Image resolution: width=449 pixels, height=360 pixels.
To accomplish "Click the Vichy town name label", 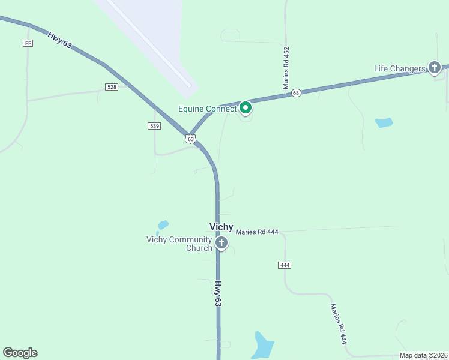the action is click(221, 227).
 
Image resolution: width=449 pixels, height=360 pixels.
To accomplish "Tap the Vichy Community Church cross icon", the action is click(221, 243).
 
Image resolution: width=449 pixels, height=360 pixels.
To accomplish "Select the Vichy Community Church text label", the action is click(179, 244).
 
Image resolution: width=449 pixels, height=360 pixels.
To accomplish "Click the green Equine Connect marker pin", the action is click(245, 108).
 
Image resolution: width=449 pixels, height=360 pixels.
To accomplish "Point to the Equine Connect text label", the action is click(208, 109).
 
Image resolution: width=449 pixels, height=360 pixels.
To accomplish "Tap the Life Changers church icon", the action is click(434, 68).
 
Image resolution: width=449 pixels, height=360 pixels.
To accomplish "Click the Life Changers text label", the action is click(400, 68).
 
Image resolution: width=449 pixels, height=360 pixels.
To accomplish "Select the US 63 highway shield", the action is click(190, 139).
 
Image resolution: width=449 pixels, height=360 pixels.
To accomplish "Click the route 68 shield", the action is click(296, 93).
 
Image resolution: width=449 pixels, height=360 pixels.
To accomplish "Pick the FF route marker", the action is click(27, 43).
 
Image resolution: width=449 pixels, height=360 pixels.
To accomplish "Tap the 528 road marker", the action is click(112, 87).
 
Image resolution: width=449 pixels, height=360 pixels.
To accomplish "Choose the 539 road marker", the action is click(154, 125).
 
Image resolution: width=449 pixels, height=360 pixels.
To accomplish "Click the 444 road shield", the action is click(285, 265).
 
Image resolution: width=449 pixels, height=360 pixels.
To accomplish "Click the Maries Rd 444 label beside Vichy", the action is click(257, 232).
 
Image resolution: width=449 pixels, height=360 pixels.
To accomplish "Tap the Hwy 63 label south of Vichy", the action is click(218, 295).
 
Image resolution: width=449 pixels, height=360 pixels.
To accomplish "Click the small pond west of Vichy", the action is click(162, 226).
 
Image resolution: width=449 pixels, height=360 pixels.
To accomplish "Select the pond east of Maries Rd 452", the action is click(384, 123).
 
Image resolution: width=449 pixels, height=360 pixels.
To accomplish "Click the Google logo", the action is click(20, 353).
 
